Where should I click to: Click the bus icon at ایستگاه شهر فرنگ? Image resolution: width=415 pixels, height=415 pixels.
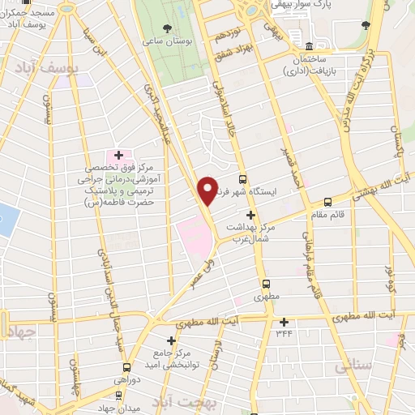point(242,179)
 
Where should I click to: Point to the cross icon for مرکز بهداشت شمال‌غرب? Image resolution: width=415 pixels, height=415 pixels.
point(251,216)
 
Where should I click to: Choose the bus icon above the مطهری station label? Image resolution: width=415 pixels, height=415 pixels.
point(266,284)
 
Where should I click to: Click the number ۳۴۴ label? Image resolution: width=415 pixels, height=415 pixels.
point(284,333)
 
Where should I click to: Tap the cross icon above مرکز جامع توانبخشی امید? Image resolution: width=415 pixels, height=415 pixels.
point(171,341)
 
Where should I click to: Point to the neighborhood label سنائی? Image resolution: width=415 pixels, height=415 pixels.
point(349,368)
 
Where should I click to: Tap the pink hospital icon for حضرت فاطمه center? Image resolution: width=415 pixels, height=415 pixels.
point(118,154)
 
